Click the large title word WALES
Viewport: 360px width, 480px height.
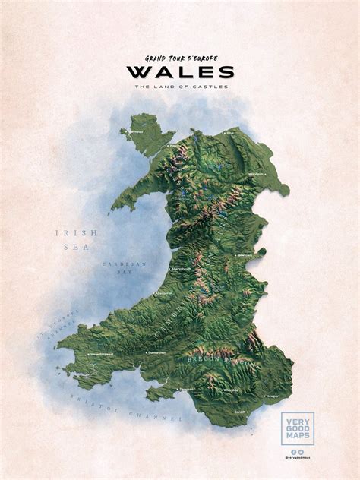pos(180,72)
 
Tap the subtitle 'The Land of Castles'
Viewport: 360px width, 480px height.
pos(180,86)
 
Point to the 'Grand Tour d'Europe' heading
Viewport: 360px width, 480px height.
pos(180,58)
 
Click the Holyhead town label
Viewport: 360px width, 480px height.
pos(135,131)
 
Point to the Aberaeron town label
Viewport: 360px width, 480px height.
pos(165,292)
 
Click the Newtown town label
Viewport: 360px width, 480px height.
pos(245,256)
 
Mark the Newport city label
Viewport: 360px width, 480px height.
pos(273,396)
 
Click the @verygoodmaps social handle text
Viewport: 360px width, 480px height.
pos(297,458)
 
